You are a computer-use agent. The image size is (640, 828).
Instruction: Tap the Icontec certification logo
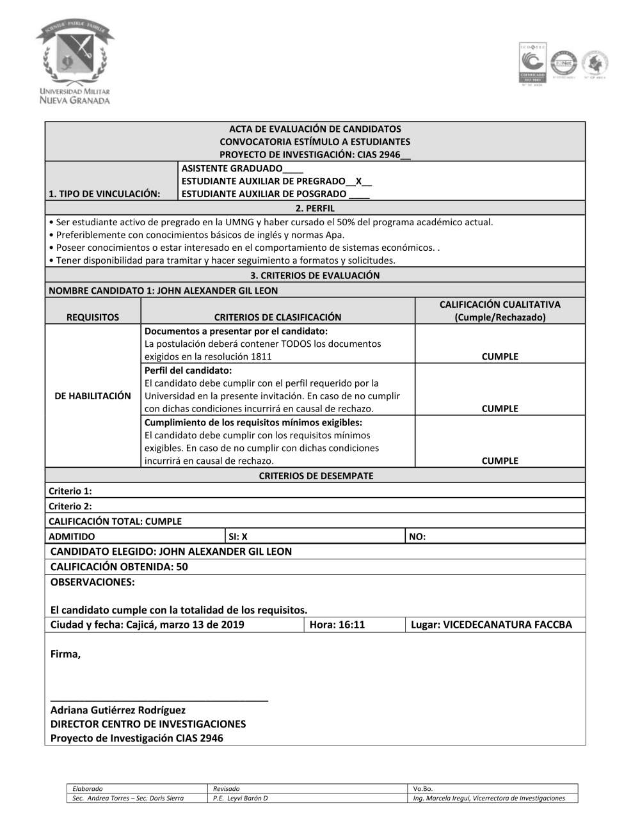tap(532, 64)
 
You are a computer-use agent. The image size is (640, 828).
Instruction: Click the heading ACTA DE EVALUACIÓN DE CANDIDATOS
tap(315, 129)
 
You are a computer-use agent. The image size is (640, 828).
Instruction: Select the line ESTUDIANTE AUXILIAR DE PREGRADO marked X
tap(276, 181)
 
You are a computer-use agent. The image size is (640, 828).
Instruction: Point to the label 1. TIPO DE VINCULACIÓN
tap(104, 194)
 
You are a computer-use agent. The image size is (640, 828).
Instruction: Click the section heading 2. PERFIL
tap(315, 208)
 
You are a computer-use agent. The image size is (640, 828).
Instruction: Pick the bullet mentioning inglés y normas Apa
tap(200, 235)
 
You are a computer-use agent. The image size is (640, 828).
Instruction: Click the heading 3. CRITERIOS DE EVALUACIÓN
tap(315, 275)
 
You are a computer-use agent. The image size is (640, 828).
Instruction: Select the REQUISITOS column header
tap(93, 317)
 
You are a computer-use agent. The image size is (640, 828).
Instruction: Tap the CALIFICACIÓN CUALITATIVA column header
tap(500, 311)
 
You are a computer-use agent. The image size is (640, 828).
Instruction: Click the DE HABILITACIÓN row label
tap(93, 396)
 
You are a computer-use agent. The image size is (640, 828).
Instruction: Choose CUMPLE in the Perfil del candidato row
tap(500, 408)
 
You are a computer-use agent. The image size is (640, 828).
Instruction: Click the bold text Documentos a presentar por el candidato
tap(236, 331)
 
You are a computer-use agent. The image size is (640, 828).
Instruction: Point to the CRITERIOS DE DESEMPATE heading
tap(316, 475)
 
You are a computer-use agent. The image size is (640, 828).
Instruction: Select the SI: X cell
tap(238, 537)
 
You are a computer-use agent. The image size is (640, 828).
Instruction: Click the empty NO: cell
tap(417, 537)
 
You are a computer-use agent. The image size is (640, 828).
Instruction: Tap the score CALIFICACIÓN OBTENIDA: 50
tap(119, 566)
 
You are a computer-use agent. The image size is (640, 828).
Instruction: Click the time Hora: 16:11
tap(337, 625)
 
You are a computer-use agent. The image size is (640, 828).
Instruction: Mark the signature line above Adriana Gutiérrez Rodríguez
tap(159, 700)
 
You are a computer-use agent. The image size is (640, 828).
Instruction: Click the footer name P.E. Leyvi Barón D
tap(241, 798)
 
